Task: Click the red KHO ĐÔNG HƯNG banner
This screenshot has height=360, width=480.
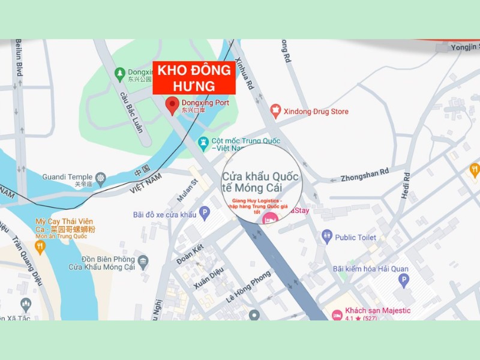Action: [194, 77]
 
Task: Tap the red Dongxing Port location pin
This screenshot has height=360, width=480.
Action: [172, 106]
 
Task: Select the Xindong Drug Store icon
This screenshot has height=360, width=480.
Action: [275, 110]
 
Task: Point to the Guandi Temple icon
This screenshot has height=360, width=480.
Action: [100, 178]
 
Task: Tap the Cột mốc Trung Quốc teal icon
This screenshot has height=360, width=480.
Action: [203, 143]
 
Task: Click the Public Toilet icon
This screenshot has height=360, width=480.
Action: [326, 236]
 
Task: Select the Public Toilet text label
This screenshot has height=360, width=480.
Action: [356, 238]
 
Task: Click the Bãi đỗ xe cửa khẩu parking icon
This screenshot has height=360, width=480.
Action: [205, 212]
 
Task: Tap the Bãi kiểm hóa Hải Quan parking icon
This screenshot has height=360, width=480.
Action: [403, 280]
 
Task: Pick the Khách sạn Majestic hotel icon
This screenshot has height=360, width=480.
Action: [337, 314]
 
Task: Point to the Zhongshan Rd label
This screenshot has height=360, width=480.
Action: [365, 175]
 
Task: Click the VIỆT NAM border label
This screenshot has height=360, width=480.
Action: [146, 184]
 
